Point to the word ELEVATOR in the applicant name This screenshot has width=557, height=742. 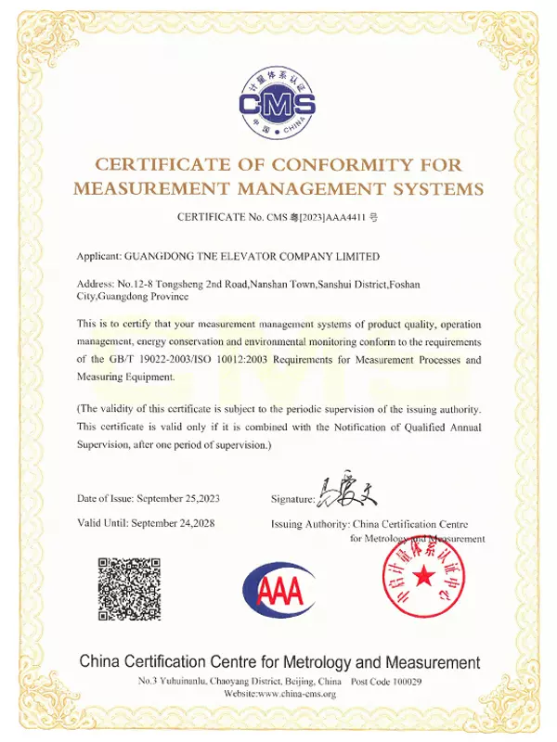253,256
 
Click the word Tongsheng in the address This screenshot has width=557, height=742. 194,283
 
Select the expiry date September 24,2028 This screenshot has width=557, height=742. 174,523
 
